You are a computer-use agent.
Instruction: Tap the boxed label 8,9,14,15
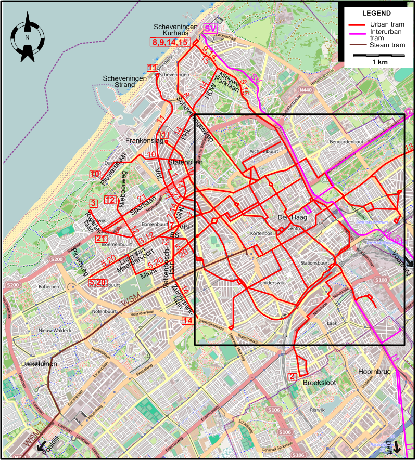pos(169,42)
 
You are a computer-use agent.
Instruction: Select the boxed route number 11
pos(153,68)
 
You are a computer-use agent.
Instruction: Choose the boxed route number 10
pos(94,174)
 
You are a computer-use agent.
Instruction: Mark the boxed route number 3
pos(94,203)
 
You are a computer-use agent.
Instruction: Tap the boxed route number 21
pos(101,238)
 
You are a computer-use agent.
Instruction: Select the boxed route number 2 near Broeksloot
pos(293,377)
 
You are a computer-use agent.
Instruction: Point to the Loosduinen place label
pos(39,364)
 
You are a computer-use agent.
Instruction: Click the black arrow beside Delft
pos(397,446)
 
